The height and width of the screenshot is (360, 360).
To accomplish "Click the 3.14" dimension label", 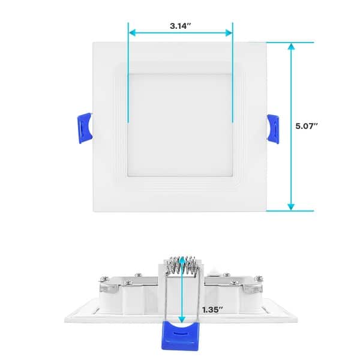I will coord(181,26).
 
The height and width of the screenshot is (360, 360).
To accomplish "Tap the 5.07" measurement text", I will coord(307,127).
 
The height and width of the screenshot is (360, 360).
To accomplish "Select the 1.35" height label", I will coord(213,310).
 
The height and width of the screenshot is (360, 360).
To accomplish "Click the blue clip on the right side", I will coord(274,127).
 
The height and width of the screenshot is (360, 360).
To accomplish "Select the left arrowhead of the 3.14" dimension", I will coord(132,32).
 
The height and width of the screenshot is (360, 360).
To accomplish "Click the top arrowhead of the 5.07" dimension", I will coord(292,46).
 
